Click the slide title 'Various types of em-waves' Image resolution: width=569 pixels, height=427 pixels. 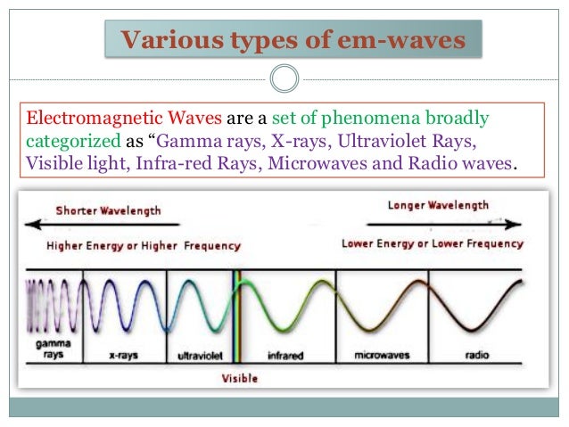coord(292,40)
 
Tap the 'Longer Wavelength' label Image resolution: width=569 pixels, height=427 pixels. coord(439,206)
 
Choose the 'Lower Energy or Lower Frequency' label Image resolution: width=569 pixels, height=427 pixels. coord(433,243)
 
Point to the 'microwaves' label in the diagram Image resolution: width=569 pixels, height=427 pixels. coord(381,354)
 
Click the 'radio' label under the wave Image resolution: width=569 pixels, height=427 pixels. coord(476,354)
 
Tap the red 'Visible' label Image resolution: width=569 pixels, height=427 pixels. coord(239,378)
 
